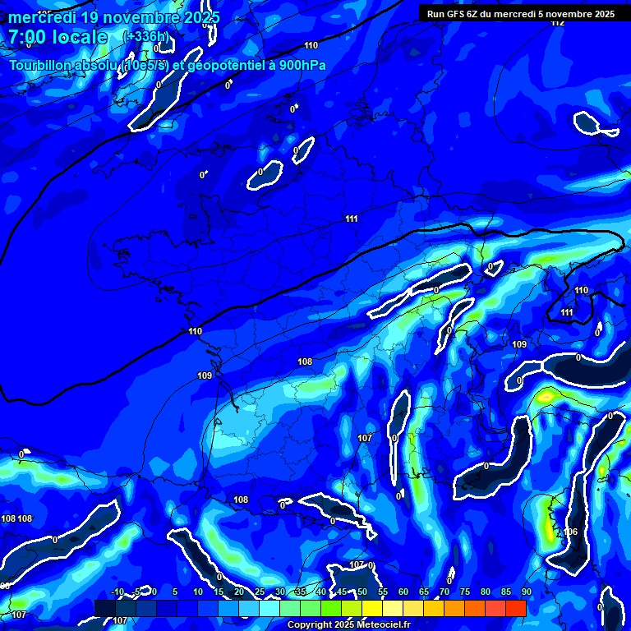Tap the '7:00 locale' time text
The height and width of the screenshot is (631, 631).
(58, 37)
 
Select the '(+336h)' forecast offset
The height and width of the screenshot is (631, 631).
(145, 37)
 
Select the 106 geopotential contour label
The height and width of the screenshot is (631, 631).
(571, 532)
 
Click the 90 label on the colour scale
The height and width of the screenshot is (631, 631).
(526, 592)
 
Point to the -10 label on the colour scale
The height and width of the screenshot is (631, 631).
(117, 592)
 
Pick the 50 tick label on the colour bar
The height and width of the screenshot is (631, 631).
(362, 592)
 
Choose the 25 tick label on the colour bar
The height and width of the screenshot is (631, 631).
(259, 592)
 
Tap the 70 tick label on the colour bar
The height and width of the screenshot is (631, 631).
(444, 592)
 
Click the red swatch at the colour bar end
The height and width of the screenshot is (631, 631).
(515, 608)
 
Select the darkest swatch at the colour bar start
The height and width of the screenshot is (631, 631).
(104, 608)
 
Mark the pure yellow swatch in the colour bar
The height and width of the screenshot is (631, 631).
(371, 608)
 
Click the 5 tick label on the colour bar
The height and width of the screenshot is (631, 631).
(174, 592)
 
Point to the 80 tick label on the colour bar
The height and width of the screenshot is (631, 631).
(485, 592)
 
